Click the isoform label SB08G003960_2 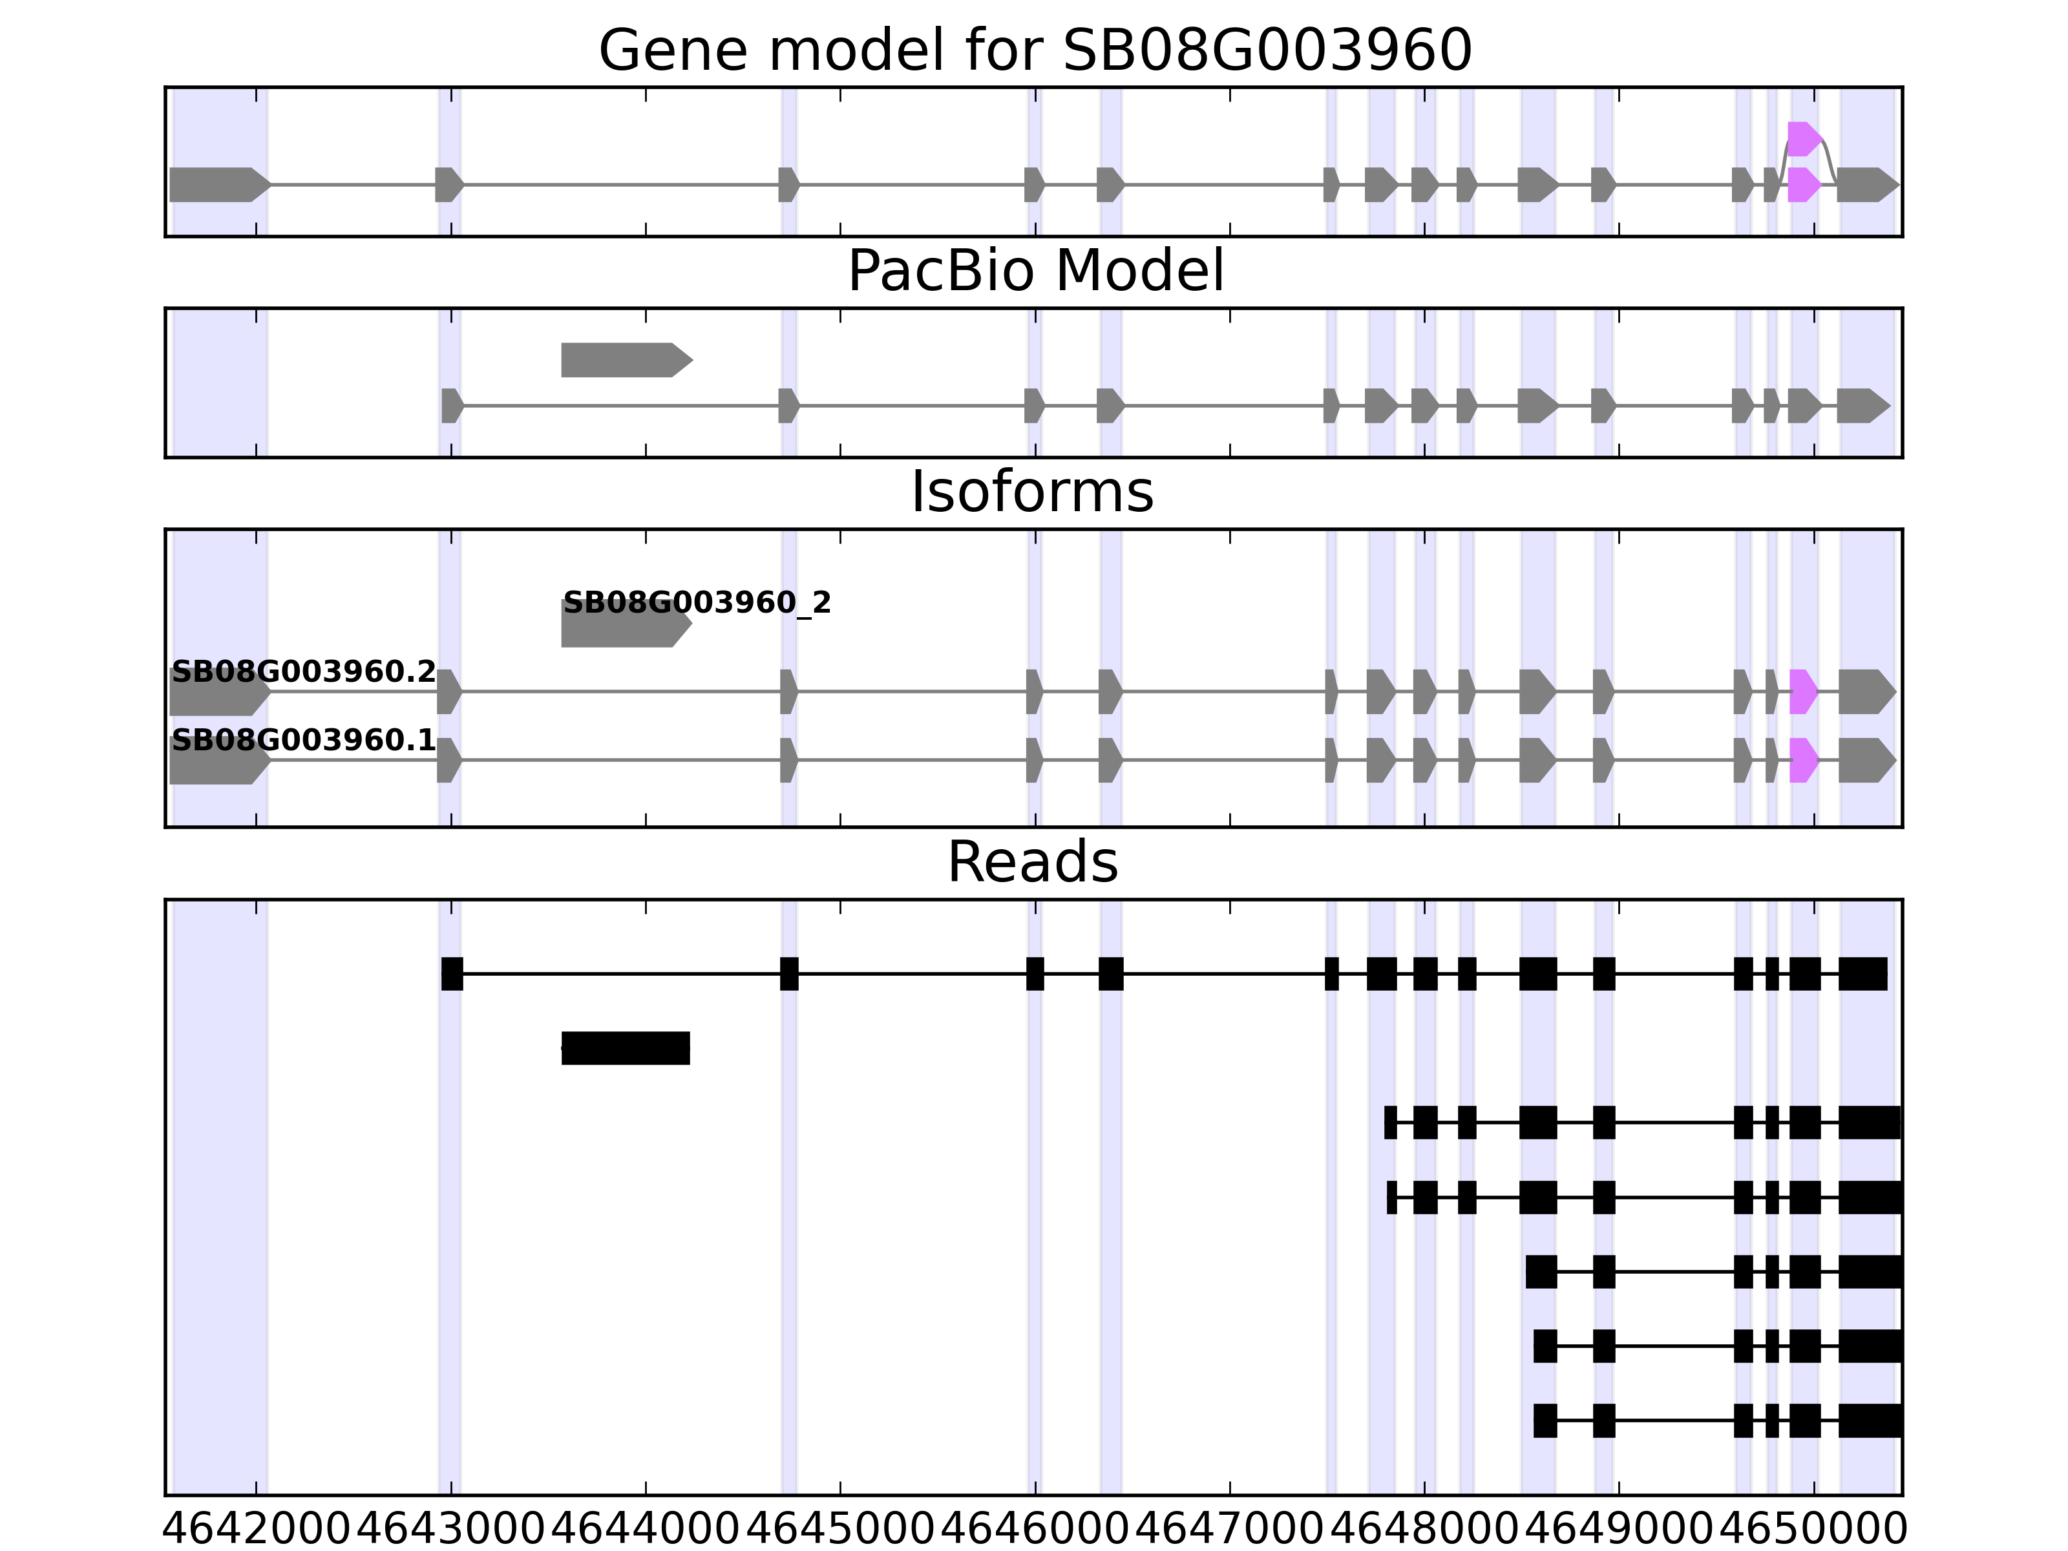click(x=697, y=603)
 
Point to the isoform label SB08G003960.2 click(x=304, y=672)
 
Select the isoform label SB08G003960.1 click(x=304, y=741)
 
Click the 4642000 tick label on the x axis click(x=256, y=1530)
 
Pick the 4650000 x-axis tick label click(x=1814, y=1530)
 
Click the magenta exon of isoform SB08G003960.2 click(x=1802, y=692)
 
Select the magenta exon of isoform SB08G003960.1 click(x=1802, y=760)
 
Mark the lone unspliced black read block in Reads click(x=626, y=1048)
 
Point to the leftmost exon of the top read click(x=452, y=974)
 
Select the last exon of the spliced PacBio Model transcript click(x=1861, y=406)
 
